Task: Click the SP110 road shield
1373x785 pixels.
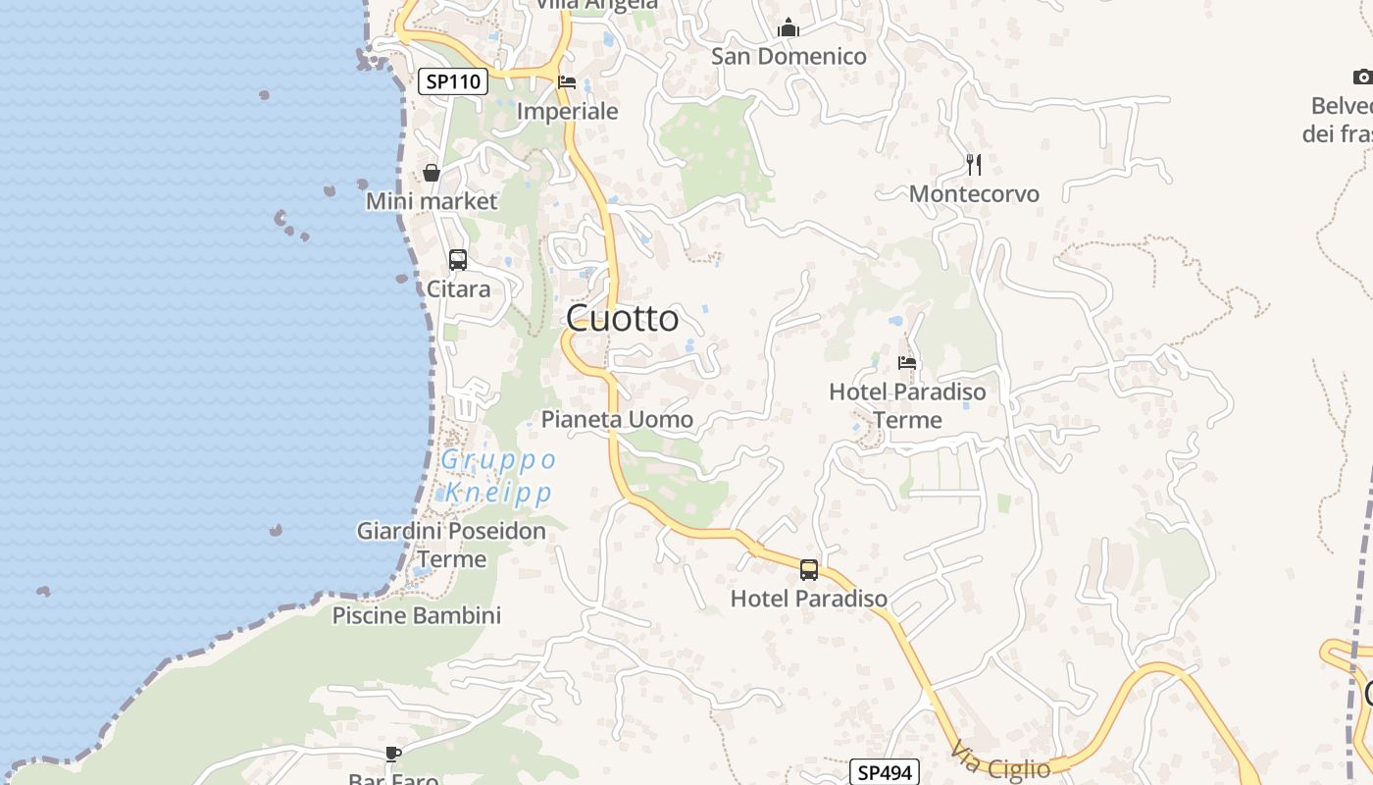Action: [x=453, y=81]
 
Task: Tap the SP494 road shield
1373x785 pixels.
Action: [x=885, y=772]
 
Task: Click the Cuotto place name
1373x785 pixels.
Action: [x=623, y=318]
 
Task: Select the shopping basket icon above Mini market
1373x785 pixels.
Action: [x=432, y=174]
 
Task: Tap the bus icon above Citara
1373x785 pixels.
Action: [x=458, y=260]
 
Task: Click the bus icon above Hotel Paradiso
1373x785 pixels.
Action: [x=809, y=569]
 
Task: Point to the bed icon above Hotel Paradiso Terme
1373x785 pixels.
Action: [x=907, y=363]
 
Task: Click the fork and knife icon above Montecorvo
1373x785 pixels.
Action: [x=974, y=165]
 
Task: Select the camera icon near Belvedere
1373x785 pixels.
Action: [x=1362, y=77]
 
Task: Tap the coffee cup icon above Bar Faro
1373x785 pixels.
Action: [x=393, y=754]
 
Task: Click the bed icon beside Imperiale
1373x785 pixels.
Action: [x=567, y=82]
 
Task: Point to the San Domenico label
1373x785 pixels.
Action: [x=788, y=56]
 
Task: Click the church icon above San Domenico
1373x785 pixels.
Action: [x=788, y=28]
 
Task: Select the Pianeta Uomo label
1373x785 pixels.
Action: [x=617, y=420]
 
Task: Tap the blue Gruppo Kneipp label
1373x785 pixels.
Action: [x=499, y=476]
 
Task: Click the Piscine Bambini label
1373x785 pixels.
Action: [x=417, y=615]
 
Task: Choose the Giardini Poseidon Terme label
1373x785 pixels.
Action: [x=451, y=545]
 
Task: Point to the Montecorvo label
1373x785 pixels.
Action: [x=974, y=194]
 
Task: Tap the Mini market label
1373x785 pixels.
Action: [x=432, y=201]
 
